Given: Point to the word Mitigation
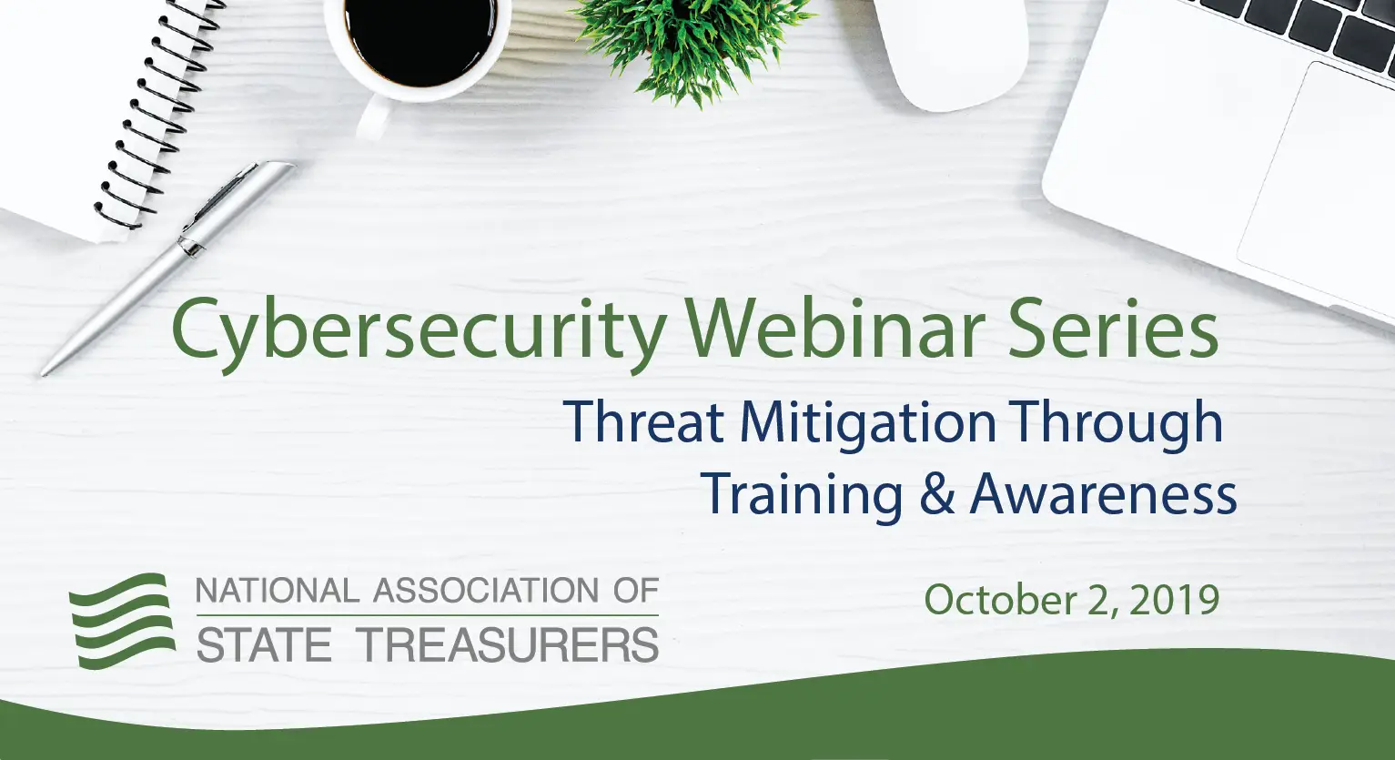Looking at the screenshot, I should pos(868,423).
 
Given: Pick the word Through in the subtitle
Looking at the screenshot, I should pos(1118,423).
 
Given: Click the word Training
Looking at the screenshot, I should pos(802,496).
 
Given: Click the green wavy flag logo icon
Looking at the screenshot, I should pos(122,620).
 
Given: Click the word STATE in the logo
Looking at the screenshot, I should pos(264,645).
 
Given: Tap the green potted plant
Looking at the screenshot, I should pos(692,41).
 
